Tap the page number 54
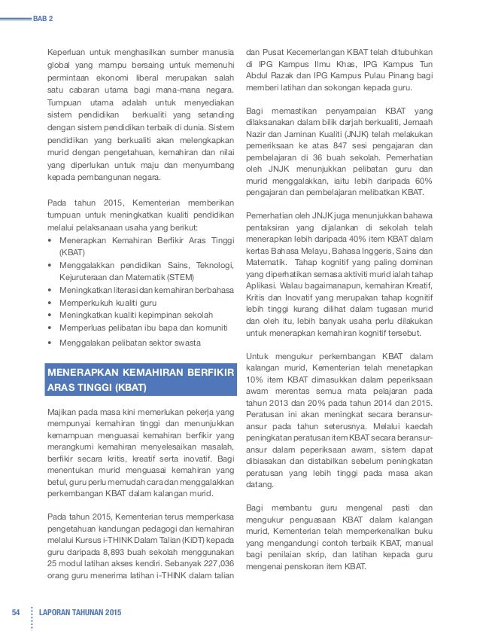tap(14, 609)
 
